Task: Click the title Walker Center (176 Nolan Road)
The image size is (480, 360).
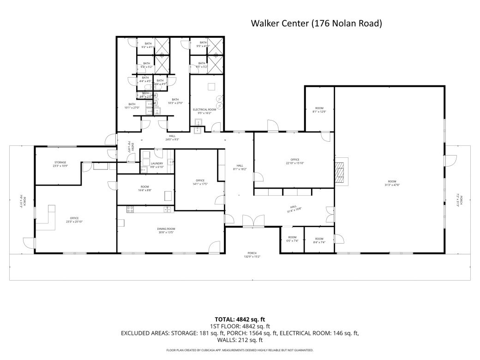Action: [x=316, y=23]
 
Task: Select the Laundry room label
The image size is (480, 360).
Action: [x=157, y=165]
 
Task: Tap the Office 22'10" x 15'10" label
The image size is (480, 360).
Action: [x=294, y=161]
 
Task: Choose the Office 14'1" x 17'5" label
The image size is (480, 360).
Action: [x=200, y=182]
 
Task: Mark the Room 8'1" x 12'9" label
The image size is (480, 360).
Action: [x=319, y=109]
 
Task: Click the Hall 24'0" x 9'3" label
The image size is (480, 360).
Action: [x=172, y=138]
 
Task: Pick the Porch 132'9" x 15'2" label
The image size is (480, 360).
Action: [x=252, y=255]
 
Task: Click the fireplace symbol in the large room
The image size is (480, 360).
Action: [x=341, y=172]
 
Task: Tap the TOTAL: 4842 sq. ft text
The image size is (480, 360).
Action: [x=240, y=319]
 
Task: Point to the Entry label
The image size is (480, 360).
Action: [x=131, y=147]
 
